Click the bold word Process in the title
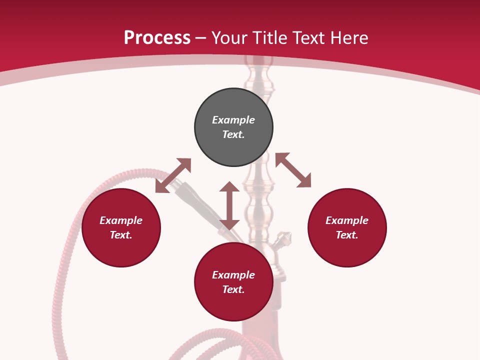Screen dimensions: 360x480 pos(157,38)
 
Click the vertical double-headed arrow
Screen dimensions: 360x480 pos(229,205)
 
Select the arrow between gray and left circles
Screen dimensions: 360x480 pos(173,175)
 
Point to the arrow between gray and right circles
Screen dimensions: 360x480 pos(293,170)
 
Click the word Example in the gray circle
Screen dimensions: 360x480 pos(233,120)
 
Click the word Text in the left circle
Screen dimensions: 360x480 pos(121,235)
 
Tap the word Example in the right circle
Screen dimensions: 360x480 pos(347,220)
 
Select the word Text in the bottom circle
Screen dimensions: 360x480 pos(233,289)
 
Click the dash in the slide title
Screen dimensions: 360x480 pos(201,38)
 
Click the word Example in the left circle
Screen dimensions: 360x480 pos(121,220)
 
